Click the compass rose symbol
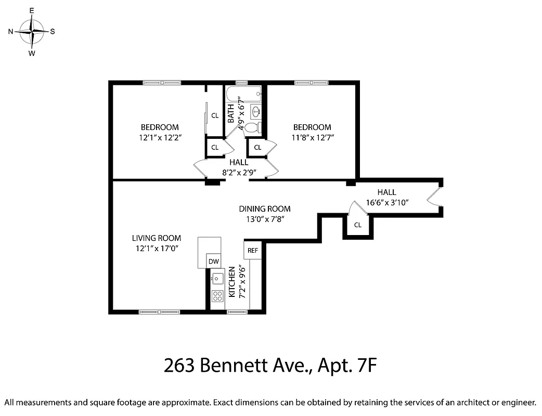32,31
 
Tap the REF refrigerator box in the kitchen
253,250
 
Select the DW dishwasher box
213,262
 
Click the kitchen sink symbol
217,278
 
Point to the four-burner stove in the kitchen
217,296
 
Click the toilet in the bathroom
251,127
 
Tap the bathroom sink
256,111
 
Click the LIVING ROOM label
156,238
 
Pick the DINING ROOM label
265,209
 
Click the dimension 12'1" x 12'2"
160,137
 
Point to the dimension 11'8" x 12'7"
312,137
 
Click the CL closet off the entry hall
357,225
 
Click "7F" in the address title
364,366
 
